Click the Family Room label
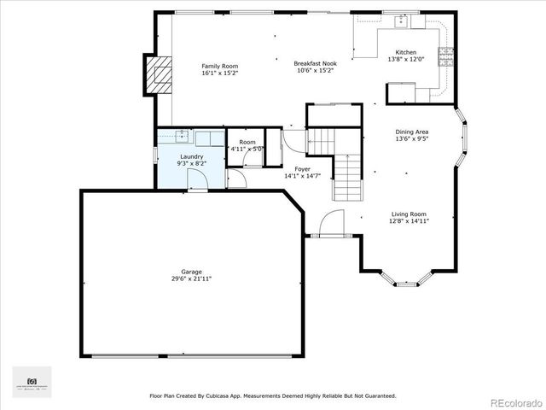point(219,66)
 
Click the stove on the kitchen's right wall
point(445,56)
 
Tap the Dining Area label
point(412,132)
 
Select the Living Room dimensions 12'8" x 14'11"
point(409,220)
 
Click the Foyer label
point(302,168)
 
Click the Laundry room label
point(190,156)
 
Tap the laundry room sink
point(182,135)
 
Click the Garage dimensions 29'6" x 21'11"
point(190,278)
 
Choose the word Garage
point(190,272)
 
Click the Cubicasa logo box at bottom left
point(32,381)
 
